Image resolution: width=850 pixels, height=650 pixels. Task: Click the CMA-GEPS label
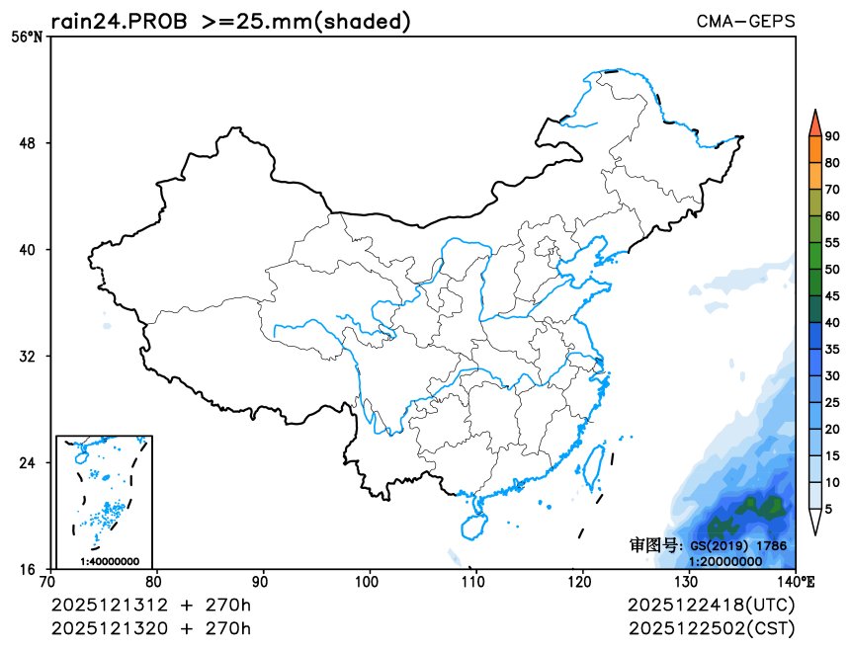tap(745, 21)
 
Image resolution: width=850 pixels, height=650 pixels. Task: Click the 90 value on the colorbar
tap(832, 136)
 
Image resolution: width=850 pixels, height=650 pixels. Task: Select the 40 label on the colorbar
tap(832, 323)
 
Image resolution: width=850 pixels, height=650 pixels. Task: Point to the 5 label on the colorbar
tap(828, 509)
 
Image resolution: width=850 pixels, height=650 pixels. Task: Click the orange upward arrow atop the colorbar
tap(814, 122)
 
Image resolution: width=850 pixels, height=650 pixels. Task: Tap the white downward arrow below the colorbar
tap(814, 524)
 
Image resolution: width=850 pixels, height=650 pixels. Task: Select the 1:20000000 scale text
tap(724, 561)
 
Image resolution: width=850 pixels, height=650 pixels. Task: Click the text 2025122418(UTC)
tap(711, 605)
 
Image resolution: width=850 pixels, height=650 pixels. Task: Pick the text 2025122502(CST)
tap(711, 628)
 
